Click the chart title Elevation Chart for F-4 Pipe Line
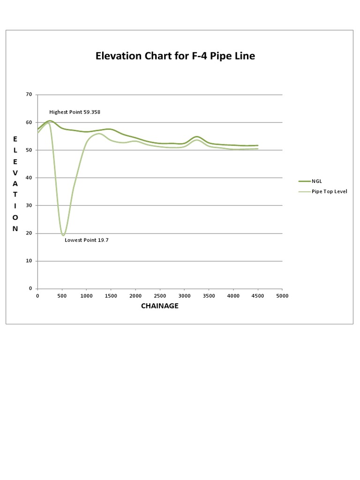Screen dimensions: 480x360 175,56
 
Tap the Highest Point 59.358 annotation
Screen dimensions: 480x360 75,112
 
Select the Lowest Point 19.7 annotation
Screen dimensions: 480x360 86,240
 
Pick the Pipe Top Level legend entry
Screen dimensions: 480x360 329,192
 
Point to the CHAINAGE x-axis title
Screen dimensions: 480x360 159,306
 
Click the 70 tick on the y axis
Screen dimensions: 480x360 29,95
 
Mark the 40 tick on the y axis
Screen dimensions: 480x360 29,178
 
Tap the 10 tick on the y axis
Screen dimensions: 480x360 29,261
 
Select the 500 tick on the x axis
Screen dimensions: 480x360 62,296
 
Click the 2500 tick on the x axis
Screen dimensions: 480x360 160,296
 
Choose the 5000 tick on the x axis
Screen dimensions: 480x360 282,296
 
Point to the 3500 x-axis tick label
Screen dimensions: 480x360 209,296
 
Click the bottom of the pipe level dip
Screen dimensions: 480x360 63,235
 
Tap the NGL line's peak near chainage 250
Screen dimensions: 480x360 50,121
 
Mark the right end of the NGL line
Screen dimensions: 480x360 258,145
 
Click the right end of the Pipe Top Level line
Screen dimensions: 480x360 258,149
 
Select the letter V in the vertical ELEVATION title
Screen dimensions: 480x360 15,172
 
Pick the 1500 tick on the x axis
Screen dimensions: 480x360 111,296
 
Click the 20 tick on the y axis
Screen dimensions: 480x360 29,233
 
